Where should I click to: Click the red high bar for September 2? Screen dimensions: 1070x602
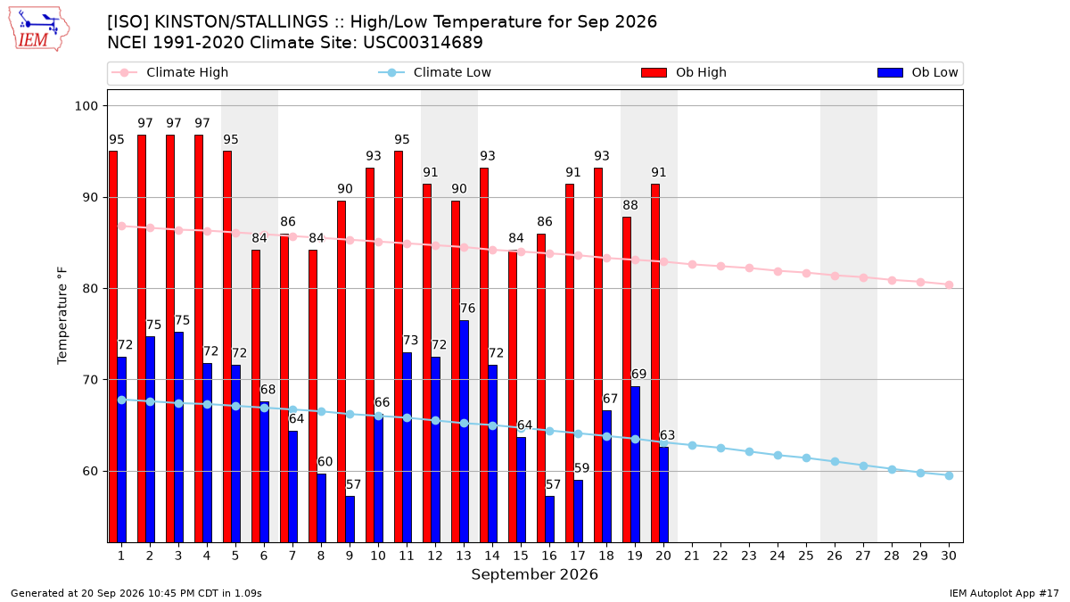coord(142,338)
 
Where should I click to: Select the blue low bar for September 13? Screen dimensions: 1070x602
coord(464,432)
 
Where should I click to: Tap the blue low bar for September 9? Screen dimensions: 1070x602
coord(350,519)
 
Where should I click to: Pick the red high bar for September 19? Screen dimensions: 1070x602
coord(627,380)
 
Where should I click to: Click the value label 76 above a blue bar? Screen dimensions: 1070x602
coord(467,309)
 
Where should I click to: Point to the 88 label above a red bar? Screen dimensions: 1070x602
coord(630,205)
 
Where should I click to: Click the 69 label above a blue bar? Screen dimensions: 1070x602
coord(638,374)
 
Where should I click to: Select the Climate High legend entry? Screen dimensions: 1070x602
coord(169,72)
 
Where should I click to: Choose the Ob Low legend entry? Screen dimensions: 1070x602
coord(918,72)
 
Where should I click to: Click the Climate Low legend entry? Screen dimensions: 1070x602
coord(435,72)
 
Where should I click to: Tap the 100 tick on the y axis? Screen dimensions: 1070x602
coord(86,106)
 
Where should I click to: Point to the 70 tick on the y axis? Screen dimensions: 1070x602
coord(90,380)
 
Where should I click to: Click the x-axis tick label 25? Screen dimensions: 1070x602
coord(806,557)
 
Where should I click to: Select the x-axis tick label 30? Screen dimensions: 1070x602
coord(949,557)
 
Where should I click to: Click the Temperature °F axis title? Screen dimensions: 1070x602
coord(62,316)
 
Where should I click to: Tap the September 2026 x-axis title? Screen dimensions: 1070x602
coord(534,574)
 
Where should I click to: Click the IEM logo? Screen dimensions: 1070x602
coord(39,29)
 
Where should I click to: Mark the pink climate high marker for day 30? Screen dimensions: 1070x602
coord(949,285)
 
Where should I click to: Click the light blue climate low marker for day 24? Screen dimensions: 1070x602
coord(778,456)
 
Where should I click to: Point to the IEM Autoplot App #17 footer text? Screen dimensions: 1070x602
coord(1004,593)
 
